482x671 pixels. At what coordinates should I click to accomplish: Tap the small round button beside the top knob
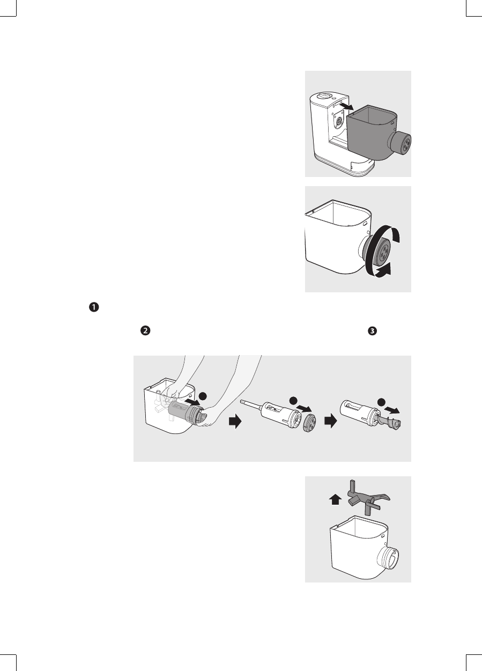tap(334, 99)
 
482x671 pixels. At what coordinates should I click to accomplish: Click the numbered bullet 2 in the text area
tap(144, 331)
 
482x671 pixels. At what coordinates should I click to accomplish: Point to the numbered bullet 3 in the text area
tap(372, 331)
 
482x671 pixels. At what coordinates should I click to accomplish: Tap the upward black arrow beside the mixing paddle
tap(335, 500)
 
